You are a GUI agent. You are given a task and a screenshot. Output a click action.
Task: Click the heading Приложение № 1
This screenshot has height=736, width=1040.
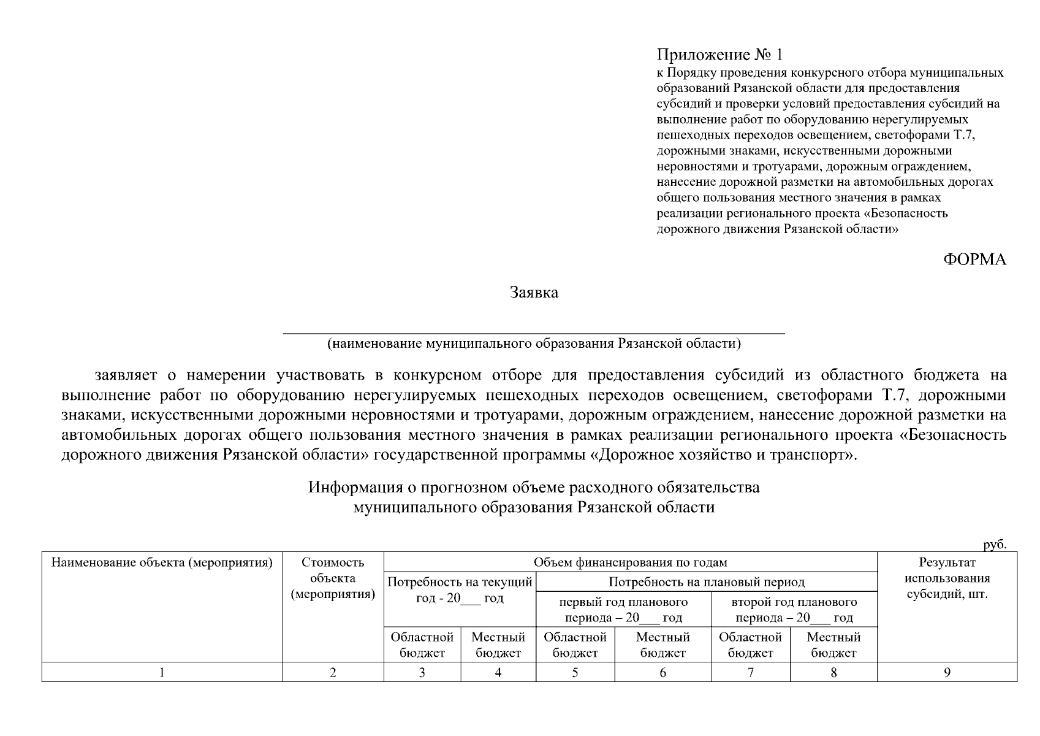tap(719, 55)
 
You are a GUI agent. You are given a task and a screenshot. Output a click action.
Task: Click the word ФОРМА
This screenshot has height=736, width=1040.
tap(974, 259)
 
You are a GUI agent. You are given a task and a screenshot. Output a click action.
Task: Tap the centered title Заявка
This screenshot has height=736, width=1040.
tap(534, 293)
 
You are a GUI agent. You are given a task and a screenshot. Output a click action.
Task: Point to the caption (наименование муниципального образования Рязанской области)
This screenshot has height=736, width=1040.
tap(533, 343)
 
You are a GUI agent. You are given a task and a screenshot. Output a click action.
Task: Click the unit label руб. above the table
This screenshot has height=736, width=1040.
tap(995, 544)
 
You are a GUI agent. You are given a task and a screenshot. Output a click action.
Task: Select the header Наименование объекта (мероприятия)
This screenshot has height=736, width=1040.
tap(162, 562)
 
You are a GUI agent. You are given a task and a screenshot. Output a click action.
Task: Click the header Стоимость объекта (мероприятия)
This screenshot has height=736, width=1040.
tap(333, 578)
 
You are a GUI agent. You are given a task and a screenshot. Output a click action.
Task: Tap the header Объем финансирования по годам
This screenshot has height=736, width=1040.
tap(630, 562)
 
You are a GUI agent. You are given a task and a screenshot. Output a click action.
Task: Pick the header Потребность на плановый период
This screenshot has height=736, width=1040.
tap(706, 582)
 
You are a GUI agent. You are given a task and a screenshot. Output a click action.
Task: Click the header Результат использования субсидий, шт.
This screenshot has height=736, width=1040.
tap(947, 578)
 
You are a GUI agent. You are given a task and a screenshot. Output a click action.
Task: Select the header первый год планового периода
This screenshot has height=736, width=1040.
tap(623, 610)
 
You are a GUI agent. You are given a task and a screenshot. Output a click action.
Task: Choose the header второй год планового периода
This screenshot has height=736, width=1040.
tap(794, 610)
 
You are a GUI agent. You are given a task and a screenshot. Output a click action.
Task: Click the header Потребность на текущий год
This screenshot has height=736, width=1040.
tap(460, 589)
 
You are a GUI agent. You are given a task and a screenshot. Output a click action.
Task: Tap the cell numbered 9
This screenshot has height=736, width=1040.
tap(947, 673)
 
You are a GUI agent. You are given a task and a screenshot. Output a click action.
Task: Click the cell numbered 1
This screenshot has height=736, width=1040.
tap(162, 673)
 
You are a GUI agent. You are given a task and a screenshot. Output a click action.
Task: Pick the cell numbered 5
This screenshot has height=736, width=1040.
tap(575, 673)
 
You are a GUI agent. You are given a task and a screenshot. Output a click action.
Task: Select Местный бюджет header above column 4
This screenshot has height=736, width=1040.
tap(498, 645)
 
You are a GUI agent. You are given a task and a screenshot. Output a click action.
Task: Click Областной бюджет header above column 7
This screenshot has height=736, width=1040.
tap(750, 645)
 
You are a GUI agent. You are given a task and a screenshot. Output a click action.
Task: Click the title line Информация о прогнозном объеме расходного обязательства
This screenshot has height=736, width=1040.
tap(534, 488)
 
